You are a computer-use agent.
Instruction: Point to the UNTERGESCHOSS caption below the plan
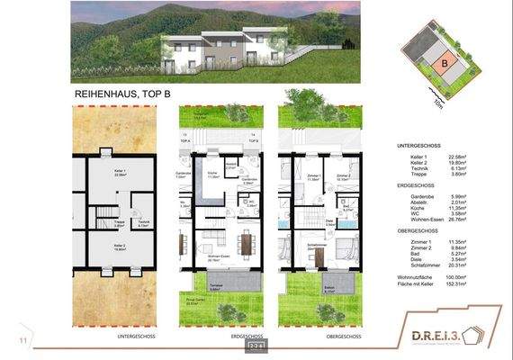[134, 337]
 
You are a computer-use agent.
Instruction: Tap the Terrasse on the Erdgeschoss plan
[216, 288]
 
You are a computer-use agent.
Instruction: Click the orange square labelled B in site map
[444, 63]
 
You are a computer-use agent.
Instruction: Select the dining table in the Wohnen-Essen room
[244, 243]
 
